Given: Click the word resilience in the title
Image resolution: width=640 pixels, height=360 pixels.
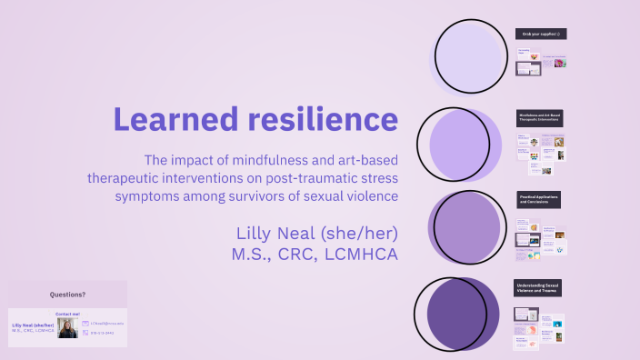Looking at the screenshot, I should click(x=321, y=118).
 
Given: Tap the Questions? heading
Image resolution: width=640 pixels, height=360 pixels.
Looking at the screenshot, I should click(x=67, y=294).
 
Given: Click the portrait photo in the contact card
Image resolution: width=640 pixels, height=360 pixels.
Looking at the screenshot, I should click(x=67, y=327).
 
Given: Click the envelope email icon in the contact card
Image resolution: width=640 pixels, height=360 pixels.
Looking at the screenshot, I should click(x=85, y=323).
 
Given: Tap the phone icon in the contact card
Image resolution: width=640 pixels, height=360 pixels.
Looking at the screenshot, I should click(x=85, y=334).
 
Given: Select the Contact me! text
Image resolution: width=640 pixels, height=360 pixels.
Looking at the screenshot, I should click(x=67, y=314).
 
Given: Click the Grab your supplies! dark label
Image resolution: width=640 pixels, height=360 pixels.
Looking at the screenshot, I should click(x=538, y=34).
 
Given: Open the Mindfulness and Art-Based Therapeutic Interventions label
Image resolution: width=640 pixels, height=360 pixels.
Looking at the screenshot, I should click(x=538, y=118).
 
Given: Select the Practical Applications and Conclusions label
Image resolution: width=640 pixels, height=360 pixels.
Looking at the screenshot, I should click(x=538, y=198).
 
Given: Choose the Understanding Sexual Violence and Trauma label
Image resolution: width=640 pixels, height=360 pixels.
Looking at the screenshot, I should click(x=538, y=286).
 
